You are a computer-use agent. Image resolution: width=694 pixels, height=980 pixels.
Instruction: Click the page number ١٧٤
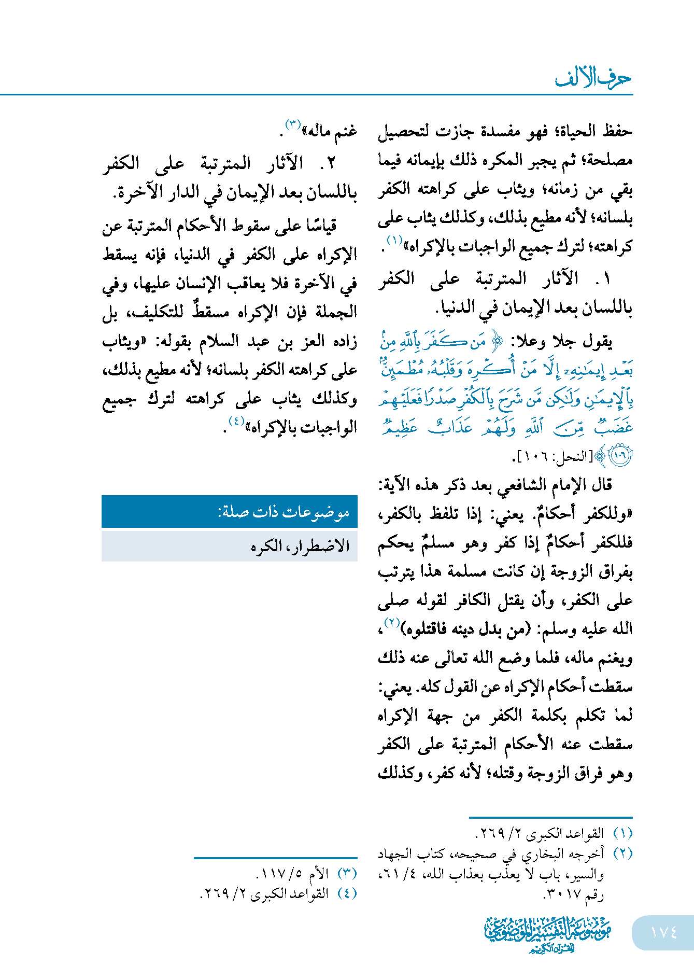pyautogui.click(x=663, y=932)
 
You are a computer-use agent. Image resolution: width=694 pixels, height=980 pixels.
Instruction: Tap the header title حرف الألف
pyautogui.click(x=593, y=78)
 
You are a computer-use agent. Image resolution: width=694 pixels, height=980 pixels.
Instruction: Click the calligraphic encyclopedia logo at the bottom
pyautogui.click(x=547, y=934)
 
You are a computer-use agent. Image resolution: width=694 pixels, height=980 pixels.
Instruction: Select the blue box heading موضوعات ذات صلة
pyautogui.click(x=284, y=512)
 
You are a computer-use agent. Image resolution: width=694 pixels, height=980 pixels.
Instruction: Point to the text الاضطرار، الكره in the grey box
pyautogui.click(x=301, y=546)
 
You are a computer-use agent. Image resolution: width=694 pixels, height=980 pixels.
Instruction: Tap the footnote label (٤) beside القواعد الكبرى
pyautogui.click(x=347, y=893)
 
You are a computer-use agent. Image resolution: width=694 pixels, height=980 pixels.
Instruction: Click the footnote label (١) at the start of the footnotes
pyautogui.click(x=622, y=833)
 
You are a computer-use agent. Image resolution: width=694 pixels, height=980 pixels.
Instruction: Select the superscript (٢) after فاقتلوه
pyautogui.click(x=390, y=623)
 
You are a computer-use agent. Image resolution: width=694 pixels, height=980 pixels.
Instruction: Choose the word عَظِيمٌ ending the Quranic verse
pyautogui.click(x=401, y=427)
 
